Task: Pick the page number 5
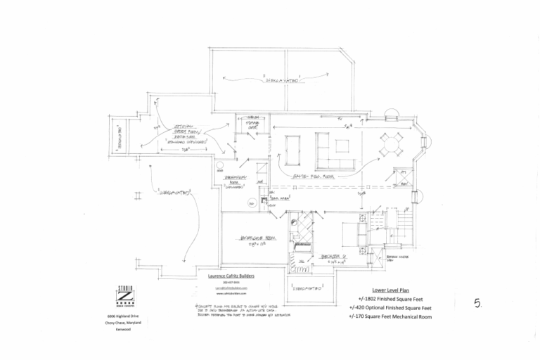477,304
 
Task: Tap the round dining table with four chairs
392,145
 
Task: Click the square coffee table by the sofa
342,145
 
